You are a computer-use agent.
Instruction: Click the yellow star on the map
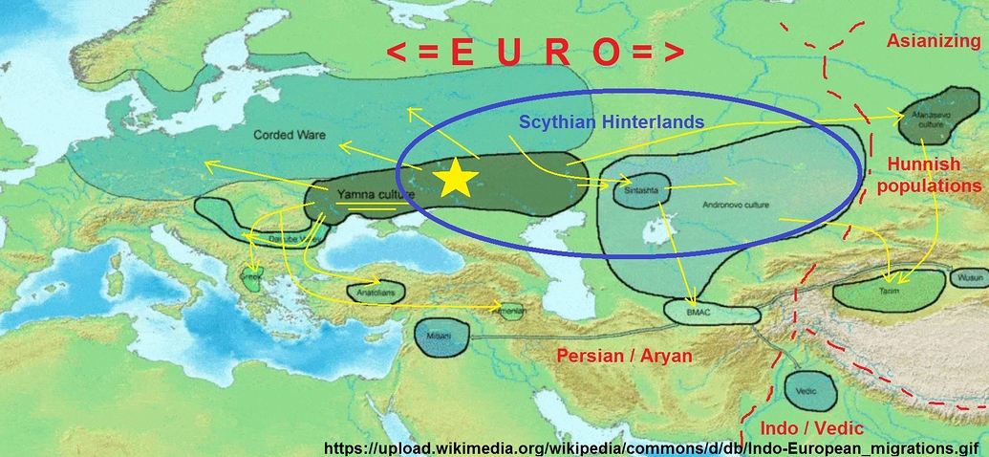coord(457,178)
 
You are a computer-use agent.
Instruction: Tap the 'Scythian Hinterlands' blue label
coord(612,122)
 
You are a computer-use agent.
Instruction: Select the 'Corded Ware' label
coord(285,136)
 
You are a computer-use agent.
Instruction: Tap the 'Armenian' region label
coord(507,312)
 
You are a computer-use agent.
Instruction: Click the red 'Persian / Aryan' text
coord(625,356)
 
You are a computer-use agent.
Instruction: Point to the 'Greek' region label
coord(252,278)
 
